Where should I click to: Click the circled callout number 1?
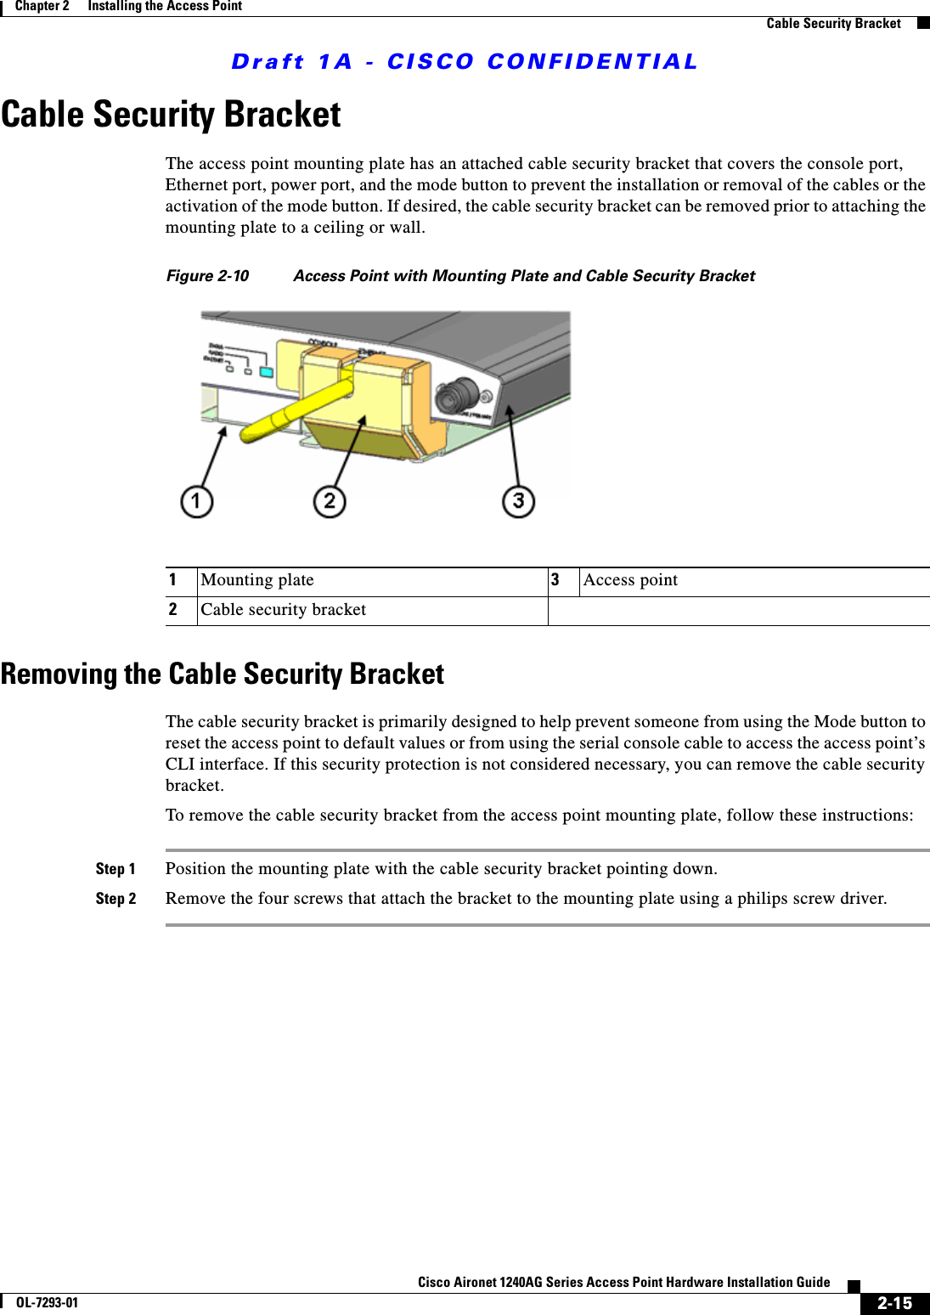tap(196, 501)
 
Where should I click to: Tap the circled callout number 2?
tap(330, 501)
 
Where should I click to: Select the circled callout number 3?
tap(518, 501)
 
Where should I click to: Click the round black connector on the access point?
tap(459, 395)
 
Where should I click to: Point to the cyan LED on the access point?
tap(267, 372)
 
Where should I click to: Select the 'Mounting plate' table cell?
tap(257, 580)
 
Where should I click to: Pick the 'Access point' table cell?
tap(631, 580)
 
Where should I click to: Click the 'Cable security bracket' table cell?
tap(284, 610)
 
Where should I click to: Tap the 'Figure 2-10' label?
tap(207, 276)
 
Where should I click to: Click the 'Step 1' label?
tap(116, 869)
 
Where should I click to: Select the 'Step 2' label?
tap(116, 899)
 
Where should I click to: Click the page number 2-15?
tap(894, 1303)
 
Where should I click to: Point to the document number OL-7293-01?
tap(47, 1303)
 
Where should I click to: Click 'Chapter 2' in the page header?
tap(42, 6)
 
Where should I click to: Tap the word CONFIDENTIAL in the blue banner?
tap(592, 62)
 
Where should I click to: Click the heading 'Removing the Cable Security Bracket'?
tap(223, 674)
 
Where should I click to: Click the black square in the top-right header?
tap(923, 23)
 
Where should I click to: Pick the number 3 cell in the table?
tap(555, 580)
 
